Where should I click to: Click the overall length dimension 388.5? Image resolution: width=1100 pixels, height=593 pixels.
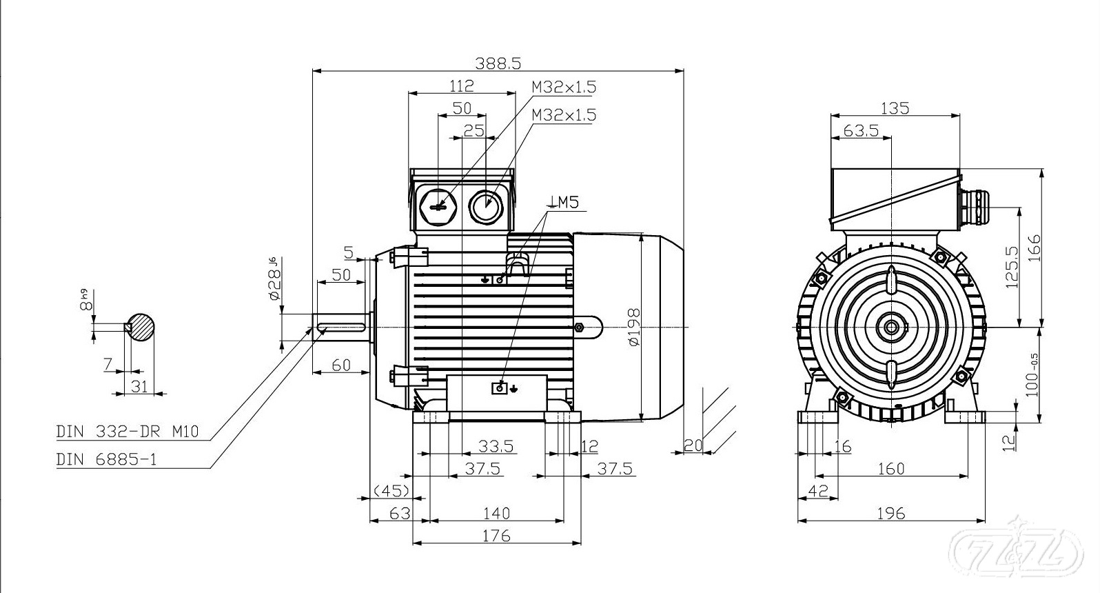[498, 63]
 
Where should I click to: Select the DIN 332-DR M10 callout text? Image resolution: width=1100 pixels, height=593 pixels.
[128, 432]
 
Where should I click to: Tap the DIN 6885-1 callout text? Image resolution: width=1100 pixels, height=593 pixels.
[107, 459]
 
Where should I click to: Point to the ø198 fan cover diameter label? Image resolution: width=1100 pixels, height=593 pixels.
[633, 325]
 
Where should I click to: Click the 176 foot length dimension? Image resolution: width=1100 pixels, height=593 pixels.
[496, 535]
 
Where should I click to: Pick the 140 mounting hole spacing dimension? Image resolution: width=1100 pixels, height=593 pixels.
[496, 513]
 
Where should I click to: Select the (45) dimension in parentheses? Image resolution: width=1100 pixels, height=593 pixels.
[391, 490]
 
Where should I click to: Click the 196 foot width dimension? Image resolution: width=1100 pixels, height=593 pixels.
[891, 513]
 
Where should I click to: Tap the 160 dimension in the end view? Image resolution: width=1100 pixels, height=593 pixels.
[890, 468]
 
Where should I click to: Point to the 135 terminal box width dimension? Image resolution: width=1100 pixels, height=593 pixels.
[895, 108]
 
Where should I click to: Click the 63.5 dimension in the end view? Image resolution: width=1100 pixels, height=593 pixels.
[861, 130]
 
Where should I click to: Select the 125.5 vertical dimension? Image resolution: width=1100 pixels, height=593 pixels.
[1012, 267]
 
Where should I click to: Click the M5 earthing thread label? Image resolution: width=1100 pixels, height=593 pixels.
[564, 202]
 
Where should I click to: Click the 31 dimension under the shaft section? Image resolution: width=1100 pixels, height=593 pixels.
[140, 385]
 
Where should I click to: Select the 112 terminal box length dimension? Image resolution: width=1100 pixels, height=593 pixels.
[461, 86]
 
